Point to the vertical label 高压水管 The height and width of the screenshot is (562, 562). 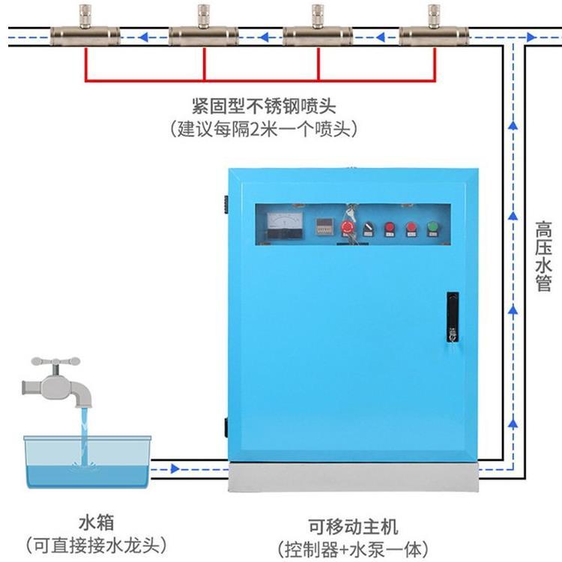click(x=544, y=256)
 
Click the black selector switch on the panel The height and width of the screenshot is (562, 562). click(x=368, y=229)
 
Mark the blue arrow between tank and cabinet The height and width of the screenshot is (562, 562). click(x=176, y=470)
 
